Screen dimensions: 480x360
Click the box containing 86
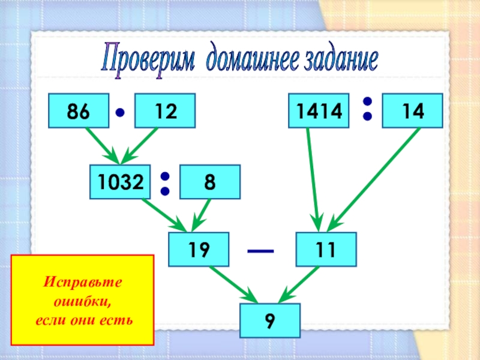(79, 111)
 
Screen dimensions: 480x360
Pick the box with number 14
(413, 111)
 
